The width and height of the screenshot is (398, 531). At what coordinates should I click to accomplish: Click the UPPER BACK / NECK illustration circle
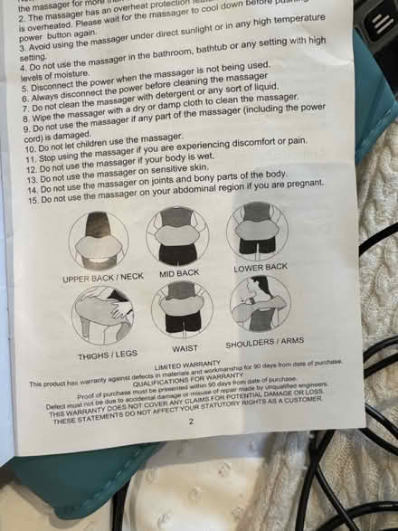pyautogui.click(x=99, y=240)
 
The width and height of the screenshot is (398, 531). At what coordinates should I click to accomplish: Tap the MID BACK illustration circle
pyautogui.click(x=177, y=234)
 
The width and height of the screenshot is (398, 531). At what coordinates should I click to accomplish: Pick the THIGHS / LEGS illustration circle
pyautogui.click(x=102, y=314)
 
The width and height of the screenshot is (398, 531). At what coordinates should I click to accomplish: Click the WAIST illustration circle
pyautogui.click(x=182, y=309)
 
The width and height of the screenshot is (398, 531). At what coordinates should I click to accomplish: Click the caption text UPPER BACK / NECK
pyautogui.click(x=102, y=278)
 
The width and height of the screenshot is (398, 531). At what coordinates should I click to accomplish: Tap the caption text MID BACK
pyautogui.click(x=179, y=272)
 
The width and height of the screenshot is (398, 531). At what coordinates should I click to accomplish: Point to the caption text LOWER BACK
pyautogui.click(x=261, y=267)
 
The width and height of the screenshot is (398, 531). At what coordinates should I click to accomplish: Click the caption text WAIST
pyautogui.click(x=185, y=348)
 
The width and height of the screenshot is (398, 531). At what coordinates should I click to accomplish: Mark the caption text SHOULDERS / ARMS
pyautogui.click(x=263, y=342)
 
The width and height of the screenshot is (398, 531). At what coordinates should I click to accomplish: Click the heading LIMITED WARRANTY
pyautogui.click(x=186, y=368)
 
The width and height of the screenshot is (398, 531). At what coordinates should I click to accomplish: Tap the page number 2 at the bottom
pyautogui.click(x=166, y=421)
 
